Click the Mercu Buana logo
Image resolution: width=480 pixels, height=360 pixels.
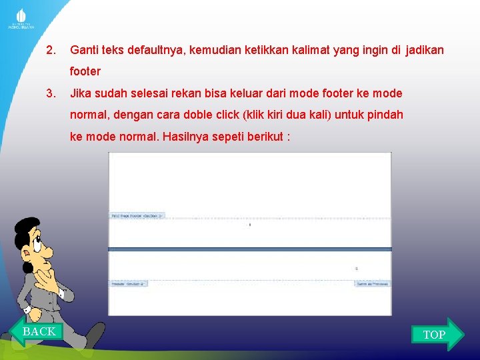21,19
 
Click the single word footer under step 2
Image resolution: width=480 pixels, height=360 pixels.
85,71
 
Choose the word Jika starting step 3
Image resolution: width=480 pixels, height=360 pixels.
81,93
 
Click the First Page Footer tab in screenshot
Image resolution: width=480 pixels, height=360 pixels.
137,215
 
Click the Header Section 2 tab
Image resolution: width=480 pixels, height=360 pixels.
129,283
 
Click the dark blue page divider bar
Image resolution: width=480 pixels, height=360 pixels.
250,249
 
